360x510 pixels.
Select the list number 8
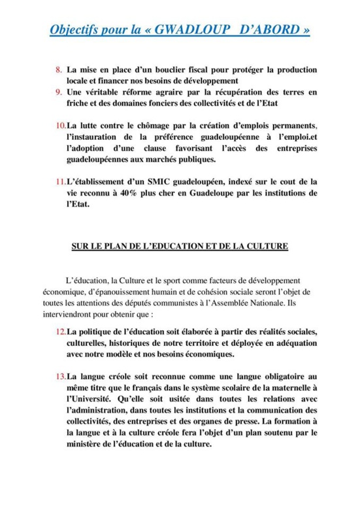click(x=58, y=69)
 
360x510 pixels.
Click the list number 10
click(x=59, y=125)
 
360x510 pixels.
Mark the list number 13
click(x=59, y=377)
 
